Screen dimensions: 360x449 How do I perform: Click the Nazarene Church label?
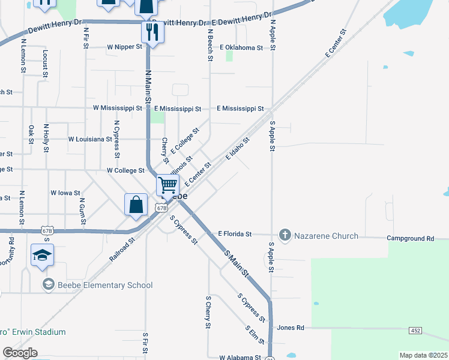coord(326,236)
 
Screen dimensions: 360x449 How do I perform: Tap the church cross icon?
coord(285,236)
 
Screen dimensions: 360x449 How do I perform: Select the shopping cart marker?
coord(167,185)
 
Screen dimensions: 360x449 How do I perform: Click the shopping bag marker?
coord(136,204)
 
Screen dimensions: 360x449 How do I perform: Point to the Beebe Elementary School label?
coord(105,285)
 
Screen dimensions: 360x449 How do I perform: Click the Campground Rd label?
coord(410,238)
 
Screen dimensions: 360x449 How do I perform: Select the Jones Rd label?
coord(291,328)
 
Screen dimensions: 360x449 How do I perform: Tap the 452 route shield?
coord(415,331)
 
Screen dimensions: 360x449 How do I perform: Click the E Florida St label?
coord(235,233)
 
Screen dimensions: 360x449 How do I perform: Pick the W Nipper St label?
coord(124,46)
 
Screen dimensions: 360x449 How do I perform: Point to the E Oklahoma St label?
coord(242,47)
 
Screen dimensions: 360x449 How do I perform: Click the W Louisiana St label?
coord(90,139)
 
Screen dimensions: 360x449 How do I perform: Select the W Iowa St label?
coord(65,193)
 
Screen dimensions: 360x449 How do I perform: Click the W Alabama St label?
coord(240,357)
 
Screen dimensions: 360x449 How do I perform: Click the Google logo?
coord(20,353)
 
